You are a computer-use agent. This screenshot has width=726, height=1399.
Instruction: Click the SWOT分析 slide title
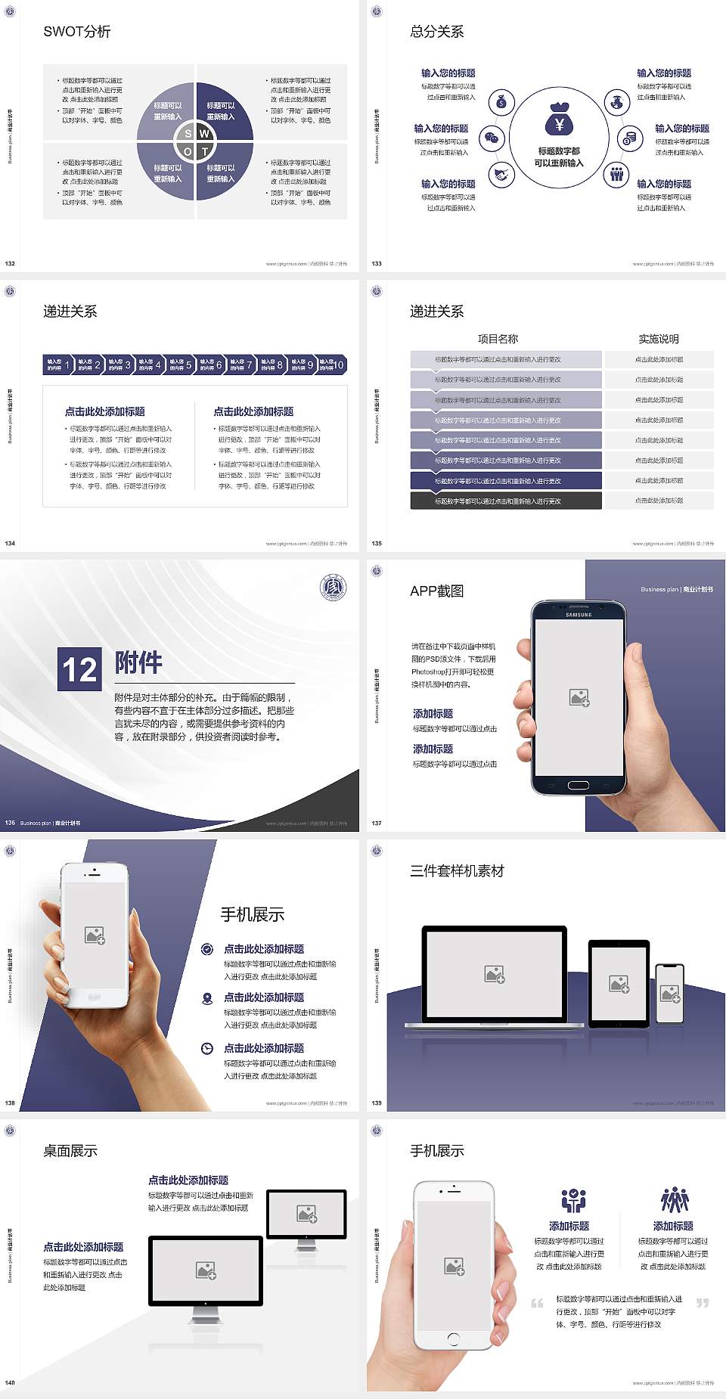click(x=77, y=32)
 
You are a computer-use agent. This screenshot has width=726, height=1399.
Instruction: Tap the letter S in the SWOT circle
click(x=188, y=134)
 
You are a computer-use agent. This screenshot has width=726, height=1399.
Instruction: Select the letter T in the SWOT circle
click(x=204, y=151)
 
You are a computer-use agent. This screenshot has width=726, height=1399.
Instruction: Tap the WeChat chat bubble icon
click(x=493, y=138)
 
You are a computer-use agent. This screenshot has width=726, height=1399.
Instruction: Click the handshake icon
click(x=501, y=175)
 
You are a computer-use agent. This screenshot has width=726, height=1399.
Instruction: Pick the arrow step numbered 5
click(x=180, y=364)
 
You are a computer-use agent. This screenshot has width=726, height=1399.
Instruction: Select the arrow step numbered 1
click(x=58, y=364)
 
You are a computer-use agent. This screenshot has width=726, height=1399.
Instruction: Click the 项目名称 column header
click(x=498, y=339)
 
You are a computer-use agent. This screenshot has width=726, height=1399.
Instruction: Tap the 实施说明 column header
click(x=659, y=339)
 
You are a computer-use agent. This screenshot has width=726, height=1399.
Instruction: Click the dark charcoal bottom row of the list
click(x=506, y=501)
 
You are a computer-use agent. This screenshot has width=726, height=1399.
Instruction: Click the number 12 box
click(x=79, y=669)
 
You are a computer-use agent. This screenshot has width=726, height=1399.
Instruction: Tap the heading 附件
click(x=138, y=662)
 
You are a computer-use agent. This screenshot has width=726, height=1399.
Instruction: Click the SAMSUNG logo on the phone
click(x=579, y=615)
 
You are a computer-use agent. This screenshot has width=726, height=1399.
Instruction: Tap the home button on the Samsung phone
click(x=579, y=785)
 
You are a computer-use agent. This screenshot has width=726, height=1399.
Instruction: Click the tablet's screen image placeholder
click(x=619, y=984)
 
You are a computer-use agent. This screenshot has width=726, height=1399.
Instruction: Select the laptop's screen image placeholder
click(x=495, y=974)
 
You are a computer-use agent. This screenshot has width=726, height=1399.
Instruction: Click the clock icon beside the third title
click(x=207, y=1048)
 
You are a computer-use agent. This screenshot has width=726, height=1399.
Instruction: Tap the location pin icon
click(x=207, y=998)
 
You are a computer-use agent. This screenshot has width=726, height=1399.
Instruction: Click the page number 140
click(x=10, y=1382)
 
